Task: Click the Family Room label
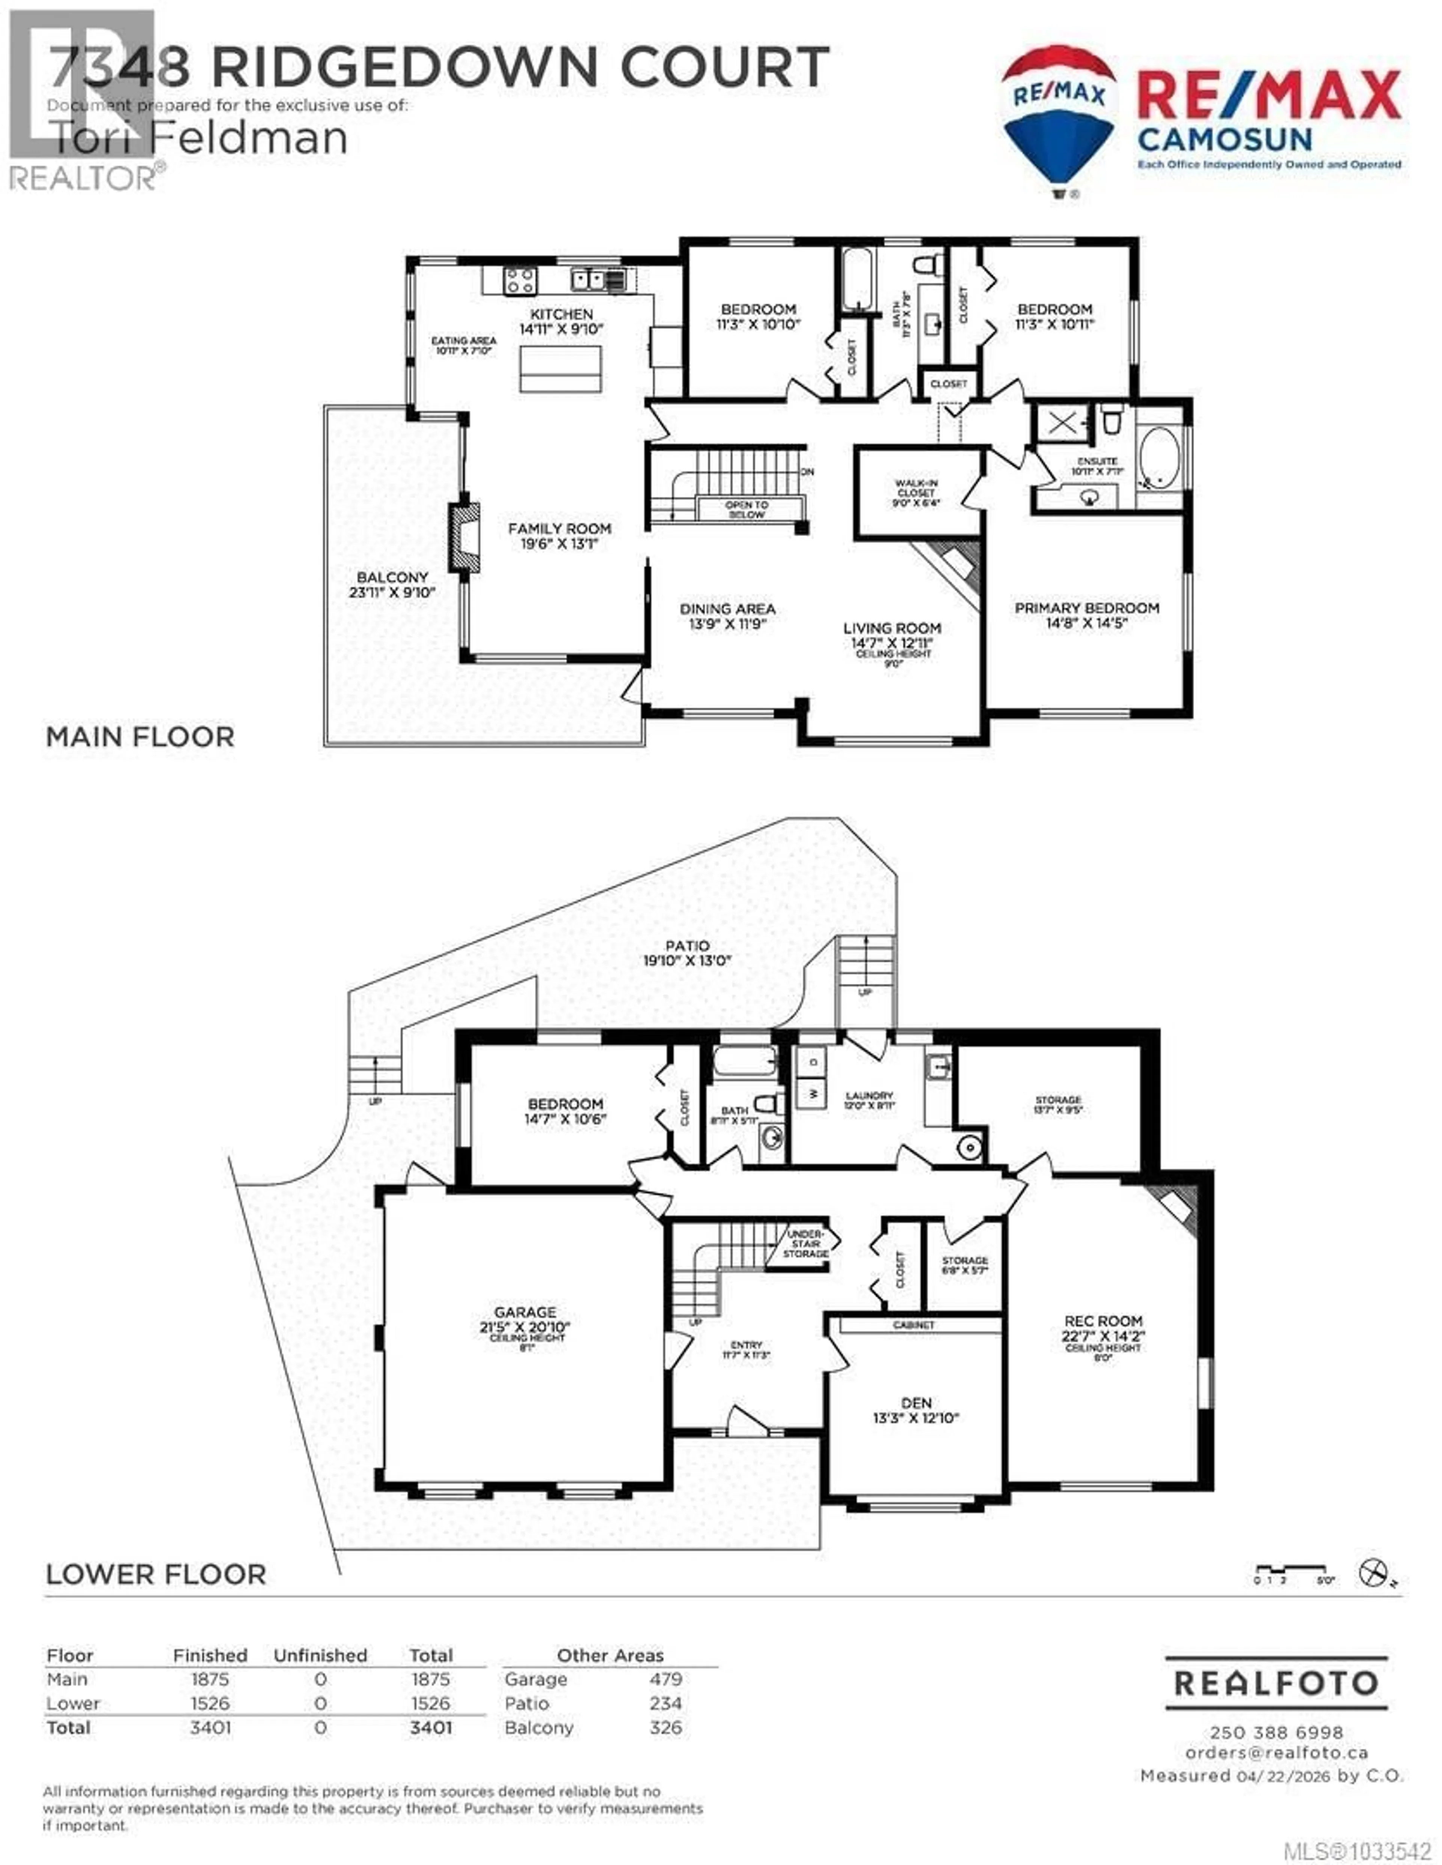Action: point(560,529)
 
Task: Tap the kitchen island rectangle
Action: point(560,369)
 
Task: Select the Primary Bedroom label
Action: point(1087,608)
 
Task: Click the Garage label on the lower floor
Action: point(525,1312)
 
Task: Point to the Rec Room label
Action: point(1103,1320)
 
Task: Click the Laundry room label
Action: point(869,1095)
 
